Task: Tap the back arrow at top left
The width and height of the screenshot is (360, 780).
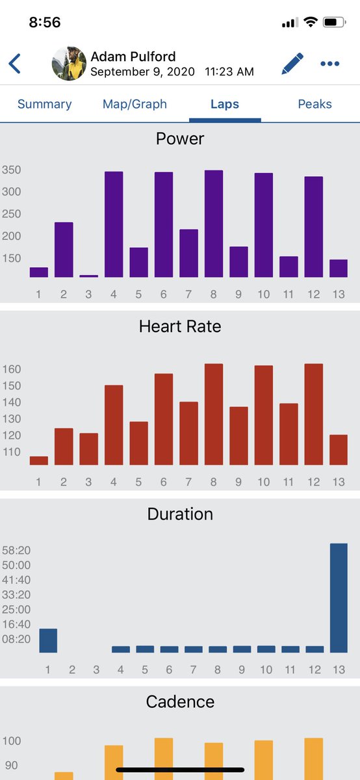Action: pyautogui.click(x=15, y=64)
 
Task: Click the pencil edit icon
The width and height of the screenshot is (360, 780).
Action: pyautogui.click(x=292, y=64)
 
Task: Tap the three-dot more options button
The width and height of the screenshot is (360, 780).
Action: pyautogui.click(x=329, y=64)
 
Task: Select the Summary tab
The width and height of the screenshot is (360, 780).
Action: pyautogui.click(x=45, y=104)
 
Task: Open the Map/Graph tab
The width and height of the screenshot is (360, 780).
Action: pyautogui.click(x=135, y=104)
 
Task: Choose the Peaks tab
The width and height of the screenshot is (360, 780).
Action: pyautogui.click(x=315, y=104)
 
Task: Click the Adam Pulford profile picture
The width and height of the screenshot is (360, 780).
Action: pyautogui.click(x=69, y=64)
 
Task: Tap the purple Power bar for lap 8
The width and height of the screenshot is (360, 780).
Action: pyautogui.click(x=213, y=224)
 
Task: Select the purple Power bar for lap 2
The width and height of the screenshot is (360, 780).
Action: pyautogui.click(x=64, y=250)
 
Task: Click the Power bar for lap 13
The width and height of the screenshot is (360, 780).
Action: pyautogui.click(x=339, y=268)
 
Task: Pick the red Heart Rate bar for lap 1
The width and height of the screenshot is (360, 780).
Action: pyautogui.click(x=38, y=460)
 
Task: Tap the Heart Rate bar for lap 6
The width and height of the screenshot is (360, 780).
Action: pyautogui.click(x=164, y=419)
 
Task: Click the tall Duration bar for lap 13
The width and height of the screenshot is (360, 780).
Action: pyautogui.click(x=339, y=598)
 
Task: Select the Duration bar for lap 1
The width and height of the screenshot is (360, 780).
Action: pyautogui.click(x=48, y=640)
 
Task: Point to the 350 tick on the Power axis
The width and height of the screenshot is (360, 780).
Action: pyautogui.click(x=12, y=170)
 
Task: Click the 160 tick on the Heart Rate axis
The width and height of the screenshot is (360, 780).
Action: pyautogui.click(x=12, y=369)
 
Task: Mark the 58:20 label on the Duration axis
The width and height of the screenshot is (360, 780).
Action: pyautogui.click(x=16, y=550)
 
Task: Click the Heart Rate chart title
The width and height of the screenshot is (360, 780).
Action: pyautogui.click(x=180, y=326)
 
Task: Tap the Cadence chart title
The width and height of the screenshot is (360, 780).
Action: pyautogui.click(x=180, y=701)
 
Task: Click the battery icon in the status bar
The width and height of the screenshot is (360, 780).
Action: pyautogui.click(x=334, y=23)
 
